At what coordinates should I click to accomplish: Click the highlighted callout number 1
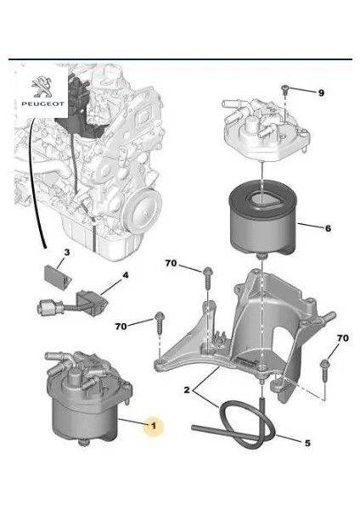(154, 425)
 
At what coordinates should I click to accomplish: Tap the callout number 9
(321, 93)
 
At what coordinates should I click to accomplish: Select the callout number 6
(328, 228)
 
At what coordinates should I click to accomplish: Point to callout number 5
(307, 443)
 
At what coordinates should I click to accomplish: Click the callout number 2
(187, 389)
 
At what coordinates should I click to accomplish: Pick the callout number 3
(66, 252)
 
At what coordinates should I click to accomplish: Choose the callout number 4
(125, 276)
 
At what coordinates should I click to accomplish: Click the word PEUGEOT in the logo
(43, 103)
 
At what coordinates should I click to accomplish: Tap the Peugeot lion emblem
(42, 87)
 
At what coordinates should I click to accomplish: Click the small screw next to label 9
(285, 90)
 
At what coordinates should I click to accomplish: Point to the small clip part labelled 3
(58, 274)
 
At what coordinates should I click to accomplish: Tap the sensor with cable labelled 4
(73, 304)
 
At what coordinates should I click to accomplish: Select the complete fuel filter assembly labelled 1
(87, 398)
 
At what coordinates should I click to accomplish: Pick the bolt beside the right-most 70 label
(324, 369)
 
